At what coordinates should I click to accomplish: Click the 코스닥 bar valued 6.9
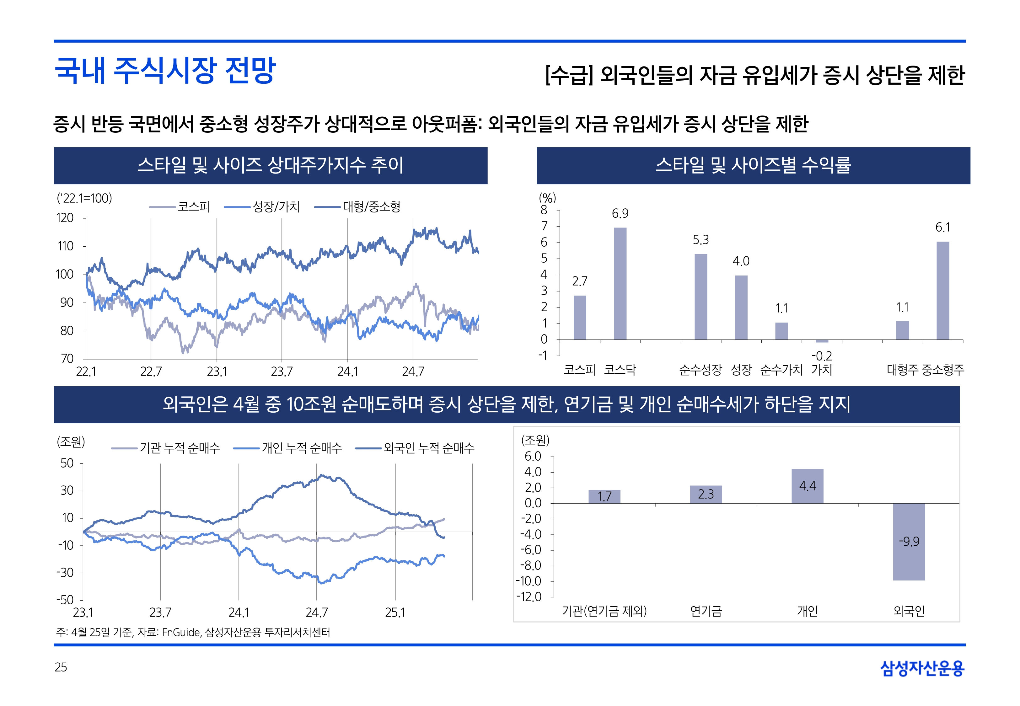point(620,284)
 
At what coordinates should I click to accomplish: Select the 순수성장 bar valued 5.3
point(701,297)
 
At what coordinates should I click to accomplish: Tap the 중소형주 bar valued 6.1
point(942,291)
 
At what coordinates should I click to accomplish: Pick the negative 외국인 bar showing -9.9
point(909,542)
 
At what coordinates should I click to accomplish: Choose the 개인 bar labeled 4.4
point(807,486)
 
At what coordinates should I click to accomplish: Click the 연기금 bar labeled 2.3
point(706,494)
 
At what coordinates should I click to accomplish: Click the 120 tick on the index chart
point(65,218)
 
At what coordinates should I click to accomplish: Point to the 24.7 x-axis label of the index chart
point(413,372)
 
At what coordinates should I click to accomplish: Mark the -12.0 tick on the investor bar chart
point(529,597)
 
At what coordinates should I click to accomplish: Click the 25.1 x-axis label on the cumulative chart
point(395,613)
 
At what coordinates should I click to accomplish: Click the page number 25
point(61,667)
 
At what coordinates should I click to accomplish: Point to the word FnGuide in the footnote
point(181,633)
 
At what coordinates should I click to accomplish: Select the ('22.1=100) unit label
point(84,198)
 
